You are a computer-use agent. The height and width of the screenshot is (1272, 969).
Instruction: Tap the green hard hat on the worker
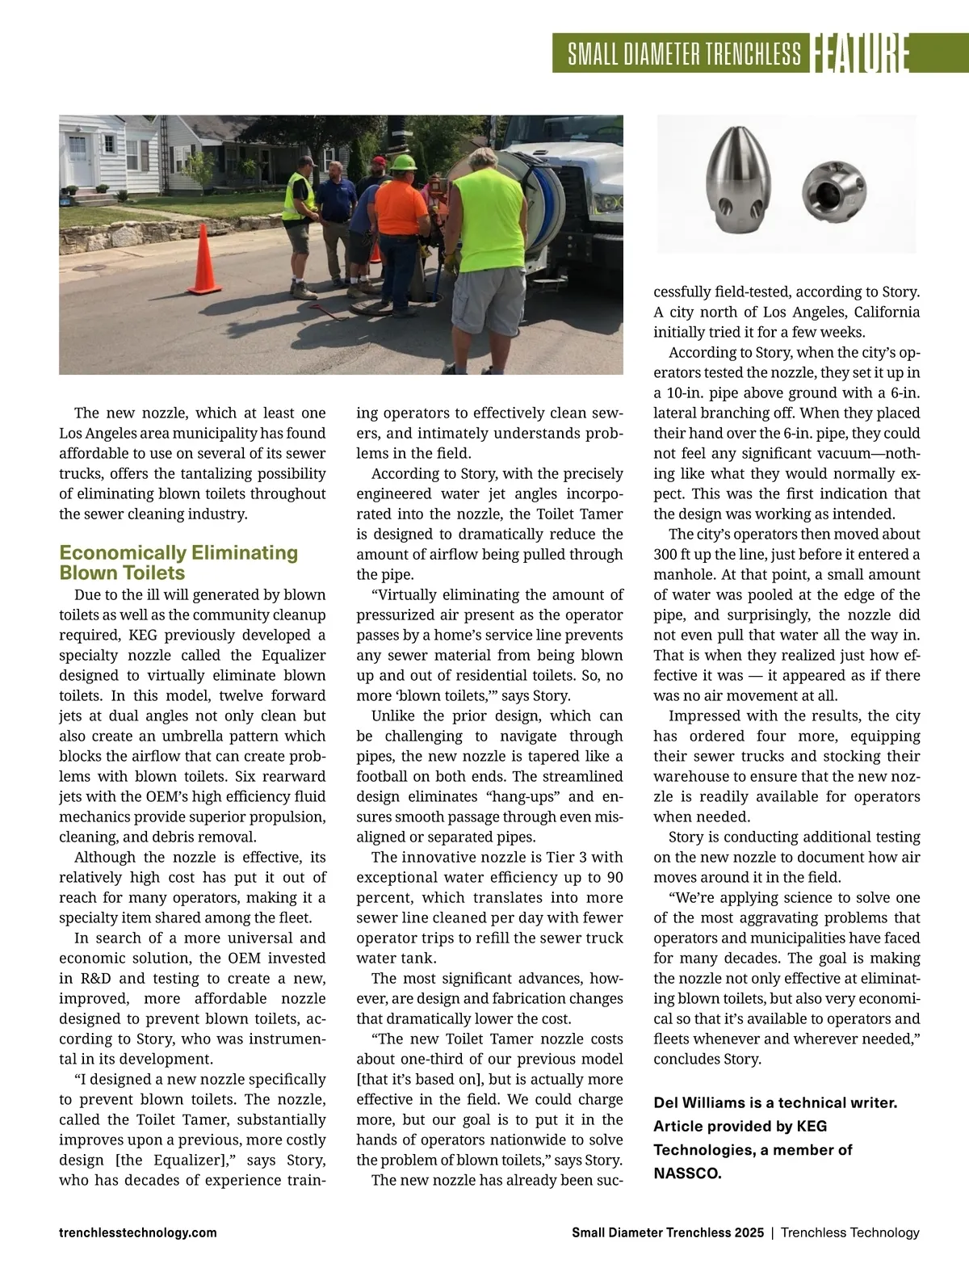403,162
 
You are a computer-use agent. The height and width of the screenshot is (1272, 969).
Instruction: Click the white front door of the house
80,161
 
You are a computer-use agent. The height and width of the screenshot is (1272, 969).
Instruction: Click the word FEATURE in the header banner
858,54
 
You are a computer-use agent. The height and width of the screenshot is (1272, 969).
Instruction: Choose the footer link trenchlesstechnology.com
138,1232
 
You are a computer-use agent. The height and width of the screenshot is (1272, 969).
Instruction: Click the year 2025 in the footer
749,1232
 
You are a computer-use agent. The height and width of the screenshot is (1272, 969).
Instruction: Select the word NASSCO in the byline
687,1173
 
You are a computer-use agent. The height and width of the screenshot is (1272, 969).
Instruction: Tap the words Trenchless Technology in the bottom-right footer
849,1232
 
